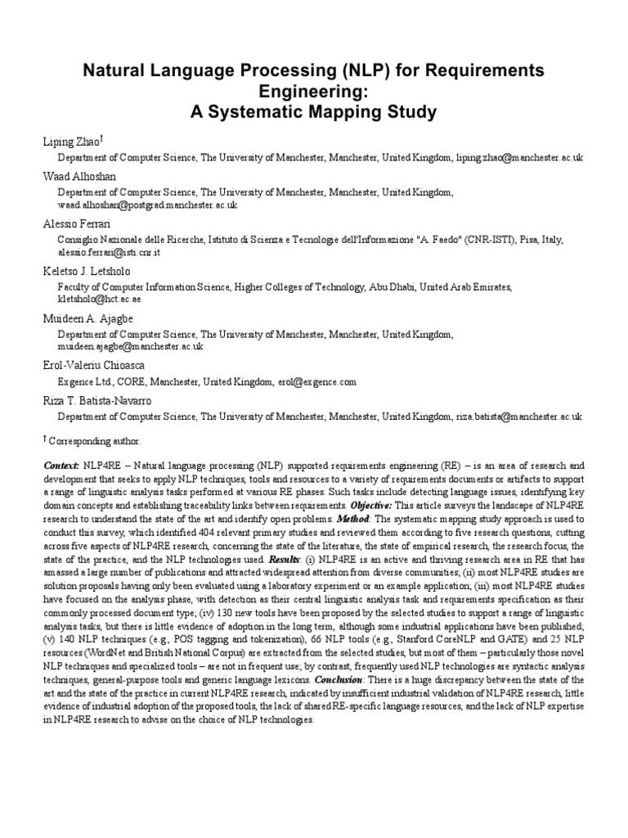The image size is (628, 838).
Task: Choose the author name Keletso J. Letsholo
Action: (x=86, y=271)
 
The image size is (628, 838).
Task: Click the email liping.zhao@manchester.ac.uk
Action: (x=519, y=158)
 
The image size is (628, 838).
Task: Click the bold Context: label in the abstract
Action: (x=61, y=465)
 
